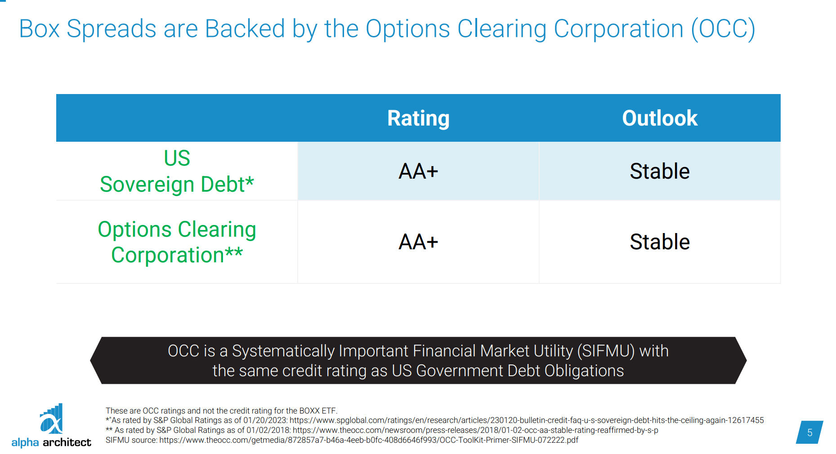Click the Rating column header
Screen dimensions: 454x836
pos(418,118)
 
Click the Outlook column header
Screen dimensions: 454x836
pos(659,118)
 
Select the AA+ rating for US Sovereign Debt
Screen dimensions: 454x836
pos(418,171)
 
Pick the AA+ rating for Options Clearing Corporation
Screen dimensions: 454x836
pos(418,242)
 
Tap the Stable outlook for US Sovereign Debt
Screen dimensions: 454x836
pos(659,171)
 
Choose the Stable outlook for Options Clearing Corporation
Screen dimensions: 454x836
pos(659,242)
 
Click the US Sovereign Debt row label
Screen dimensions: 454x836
pos(177,171)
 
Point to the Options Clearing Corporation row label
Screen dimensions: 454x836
pos(177,242)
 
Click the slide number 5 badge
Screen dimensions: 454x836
pos(809,432)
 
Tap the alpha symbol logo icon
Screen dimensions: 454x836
pos(51,419)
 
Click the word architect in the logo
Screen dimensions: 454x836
pos(67,442)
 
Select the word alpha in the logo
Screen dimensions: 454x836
pos(25,442)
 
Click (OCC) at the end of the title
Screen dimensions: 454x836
pos(723,29)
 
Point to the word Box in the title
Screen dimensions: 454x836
pos(40,29)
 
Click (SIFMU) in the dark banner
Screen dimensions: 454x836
pos(606,351)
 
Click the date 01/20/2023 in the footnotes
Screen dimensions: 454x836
pos(265,420)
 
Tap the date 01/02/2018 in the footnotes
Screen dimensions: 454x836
pos(268,430)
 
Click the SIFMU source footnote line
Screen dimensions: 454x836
pos(342,440)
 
